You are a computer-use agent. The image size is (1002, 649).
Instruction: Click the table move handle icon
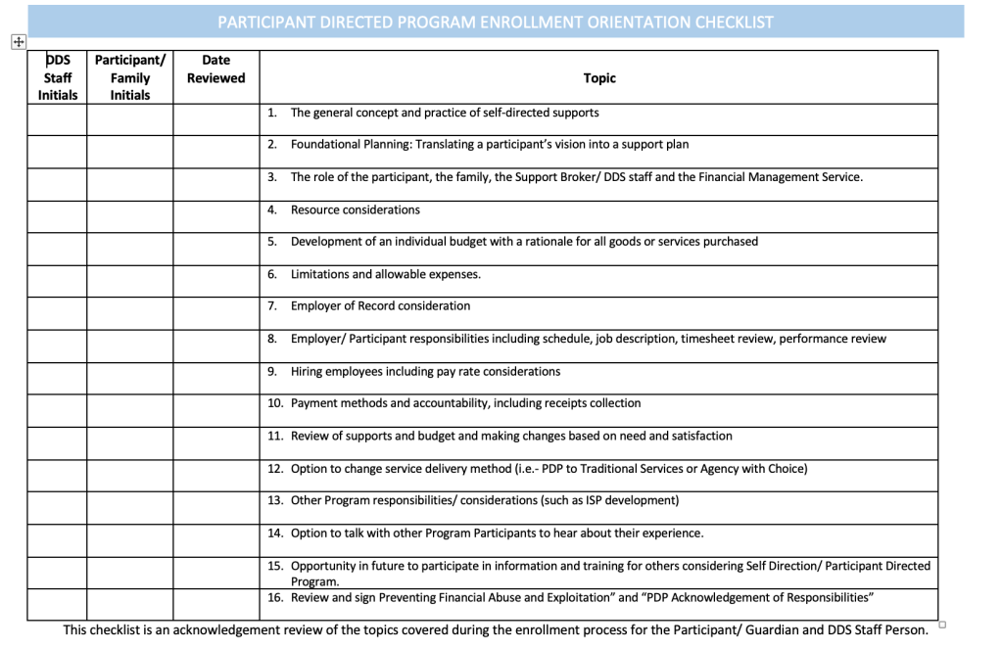pyautogui.click(x=17, y=41)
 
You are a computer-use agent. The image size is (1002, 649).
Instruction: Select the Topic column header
pyautogui.click(x=599, y=78)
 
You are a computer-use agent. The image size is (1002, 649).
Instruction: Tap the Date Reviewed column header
pyautogui.click(x=215, y=70)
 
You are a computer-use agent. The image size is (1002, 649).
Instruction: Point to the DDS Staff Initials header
pyautogui.click(x=58, y=77)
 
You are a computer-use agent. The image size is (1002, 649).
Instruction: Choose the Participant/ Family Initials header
pyautogui.click(x=130, y=77)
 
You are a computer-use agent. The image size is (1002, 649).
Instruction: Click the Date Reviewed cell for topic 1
pyautogui.click(x=215, y=119)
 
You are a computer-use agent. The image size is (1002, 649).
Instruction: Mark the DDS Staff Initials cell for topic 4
pyautogui.click(x=57, y=216)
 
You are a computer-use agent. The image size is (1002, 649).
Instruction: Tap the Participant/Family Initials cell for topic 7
pyautogui.click(x=130, y=313)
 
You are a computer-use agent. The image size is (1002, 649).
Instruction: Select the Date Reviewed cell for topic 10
pyautogui.click(x=215, y=410)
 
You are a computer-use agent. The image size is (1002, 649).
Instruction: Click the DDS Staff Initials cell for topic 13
pyautogui.click(x=57, y=507)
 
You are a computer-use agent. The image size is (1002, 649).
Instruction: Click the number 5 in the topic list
pyautogui.click(x=272, y=242)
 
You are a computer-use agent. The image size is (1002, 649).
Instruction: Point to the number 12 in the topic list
pyautogui.click(x=275, y=469)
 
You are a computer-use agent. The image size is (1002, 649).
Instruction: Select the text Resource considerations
pyautogui.click(x=355, y=209)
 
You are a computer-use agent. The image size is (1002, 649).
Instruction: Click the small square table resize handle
pyautogui.click(x=941, y=624)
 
